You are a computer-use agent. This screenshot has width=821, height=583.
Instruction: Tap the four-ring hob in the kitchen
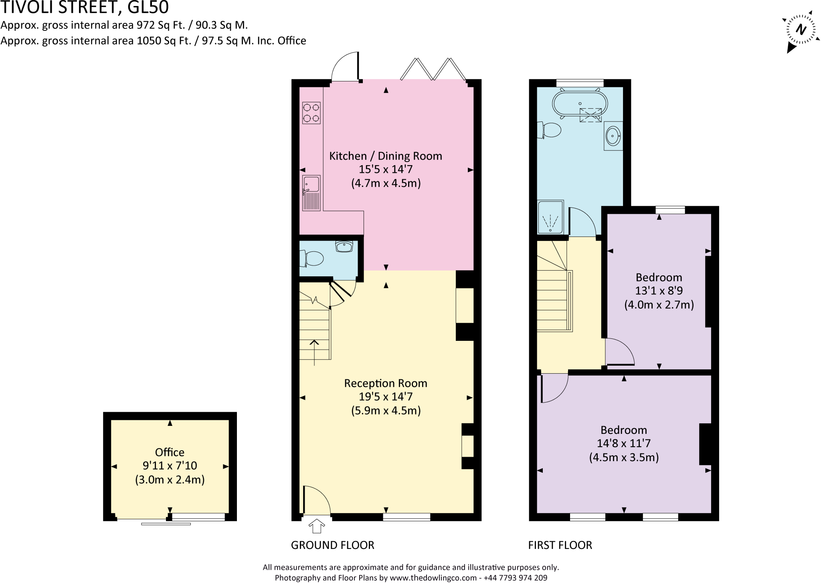click(x=311, y=113)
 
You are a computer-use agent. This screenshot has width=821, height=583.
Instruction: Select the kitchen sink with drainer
click(x=311, y=193)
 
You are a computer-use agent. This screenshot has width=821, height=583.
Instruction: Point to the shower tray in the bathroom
click(x=550, y=218)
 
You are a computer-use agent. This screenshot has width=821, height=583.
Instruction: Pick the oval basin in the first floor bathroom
click(x=613, y=136)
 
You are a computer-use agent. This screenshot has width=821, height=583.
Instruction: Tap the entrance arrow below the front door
click(x=317, y=526)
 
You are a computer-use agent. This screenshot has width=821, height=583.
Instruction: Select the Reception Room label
click(x=386, y=383)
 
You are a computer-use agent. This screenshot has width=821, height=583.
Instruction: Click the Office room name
click(x=170, y=452)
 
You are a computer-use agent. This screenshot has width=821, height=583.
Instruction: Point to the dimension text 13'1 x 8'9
click(x=659, y=291)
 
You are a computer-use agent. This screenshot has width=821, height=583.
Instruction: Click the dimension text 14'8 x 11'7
click(x=624, y=443)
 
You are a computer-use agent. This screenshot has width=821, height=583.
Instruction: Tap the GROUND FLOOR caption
click(x=332, y=545)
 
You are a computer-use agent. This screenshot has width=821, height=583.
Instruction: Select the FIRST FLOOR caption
click(x=560, y=545)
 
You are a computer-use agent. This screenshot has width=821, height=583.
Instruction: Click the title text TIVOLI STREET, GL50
click(x=85, y=7)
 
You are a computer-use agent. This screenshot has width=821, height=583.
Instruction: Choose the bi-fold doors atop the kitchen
click(x=433, y=69)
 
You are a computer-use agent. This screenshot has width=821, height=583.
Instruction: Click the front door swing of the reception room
click(x=316, y=500)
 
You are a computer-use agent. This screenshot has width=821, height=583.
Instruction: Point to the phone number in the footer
click(x=515, y=578)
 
